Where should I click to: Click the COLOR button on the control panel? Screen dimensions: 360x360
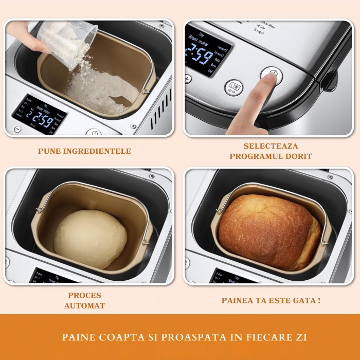(232, 87)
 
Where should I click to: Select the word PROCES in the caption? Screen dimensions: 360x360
(84, 295)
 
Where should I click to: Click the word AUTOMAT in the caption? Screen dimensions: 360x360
(84, 305)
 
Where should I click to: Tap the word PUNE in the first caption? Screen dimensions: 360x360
(50, 151)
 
